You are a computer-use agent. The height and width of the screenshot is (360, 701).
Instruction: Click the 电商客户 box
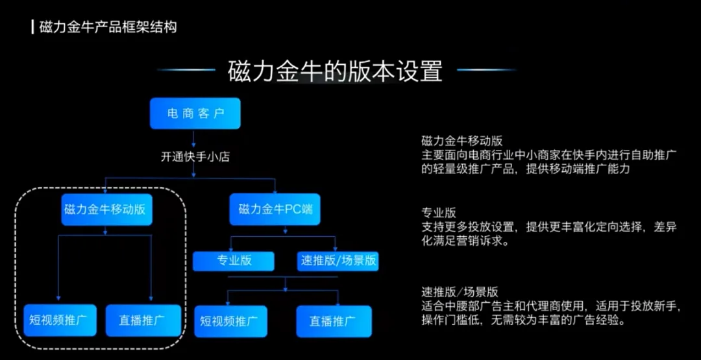pos(195,114)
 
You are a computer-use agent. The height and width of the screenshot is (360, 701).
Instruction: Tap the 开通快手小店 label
pos(195,157)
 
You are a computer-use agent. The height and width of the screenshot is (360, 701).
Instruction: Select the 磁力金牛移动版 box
pos(106,210)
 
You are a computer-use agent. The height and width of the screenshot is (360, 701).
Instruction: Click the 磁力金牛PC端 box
pos(275,210)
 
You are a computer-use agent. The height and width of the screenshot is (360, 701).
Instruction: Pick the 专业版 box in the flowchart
pos(234,261)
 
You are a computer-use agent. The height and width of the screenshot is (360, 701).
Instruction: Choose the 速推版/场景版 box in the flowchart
pos(338,261)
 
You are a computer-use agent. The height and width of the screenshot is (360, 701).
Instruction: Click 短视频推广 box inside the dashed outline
pos(60,320)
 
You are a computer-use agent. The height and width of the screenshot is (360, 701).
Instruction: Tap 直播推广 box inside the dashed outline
pos(143,320)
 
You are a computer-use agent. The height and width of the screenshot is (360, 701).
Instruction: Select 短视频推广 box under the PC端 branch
pos(230,321)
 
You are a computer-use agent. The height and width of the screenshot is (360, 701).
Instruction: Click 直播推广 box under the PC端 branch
pos(334,321)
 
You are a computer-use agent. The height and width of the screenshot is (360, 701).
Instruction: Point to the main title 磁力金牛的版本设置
pos(336,71)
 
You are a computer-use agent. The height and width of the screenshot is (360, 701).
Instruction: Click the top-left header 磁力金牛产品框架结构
pos(108,27)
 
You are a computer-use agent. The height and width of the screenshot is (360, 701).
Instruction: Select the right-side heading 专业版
pos(439,212)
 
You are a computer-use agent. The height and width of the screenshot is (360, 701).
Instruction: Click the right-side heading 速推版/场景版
pos(460,293)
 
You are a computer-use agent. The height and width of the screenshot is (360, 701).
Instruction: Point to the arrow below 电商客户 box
pos(193,139)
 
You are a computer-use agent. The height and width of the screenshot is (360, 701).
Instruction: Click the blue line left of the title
pos(187,69)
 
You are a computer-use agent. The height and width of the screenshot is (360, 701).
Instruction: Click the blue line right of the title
pos(486,69)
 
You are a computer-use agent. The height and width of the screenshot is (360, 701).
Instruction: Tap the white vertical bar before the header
pos(33,27)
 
